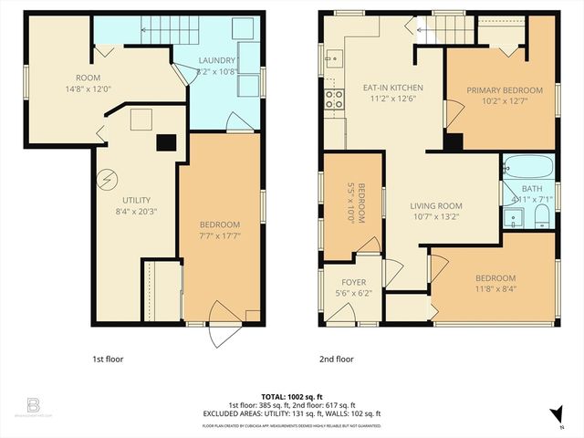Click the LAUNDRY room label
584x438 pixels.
click(217, 60)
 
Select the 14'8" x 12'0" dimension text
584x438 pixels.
click(89, 89)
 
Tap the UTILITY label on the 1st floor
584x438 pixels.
click(136, 200)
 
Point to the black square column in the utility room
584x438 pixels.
click(166, 141)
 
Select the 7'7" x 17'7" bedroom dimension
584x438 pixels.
click(221, 236)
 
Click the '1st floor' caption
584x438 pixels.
click(108, 359)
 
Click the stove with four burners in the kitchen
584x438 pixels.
click(334, 98)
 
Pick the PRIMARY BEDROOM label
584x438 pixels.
click(505, 90)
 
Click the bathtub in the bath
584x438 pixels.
click(527, 168)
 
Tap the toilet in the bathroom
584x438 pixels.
click(541, 215)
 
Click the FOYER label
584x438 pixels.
click(353, 282)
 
